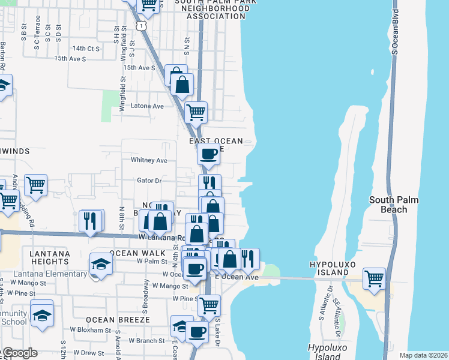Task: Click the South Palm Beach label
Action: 394,205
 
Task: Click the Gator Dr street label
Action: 149,180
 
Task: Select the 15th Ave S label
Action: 70,59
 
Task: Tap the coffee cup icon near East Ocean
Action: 208,154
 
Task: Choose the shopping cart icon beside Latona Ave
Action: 196,111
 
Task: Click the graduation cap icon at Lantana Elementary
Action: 101,264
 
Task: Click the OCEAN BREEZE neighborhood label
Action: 117,320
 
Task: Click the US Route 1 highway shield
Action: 140,25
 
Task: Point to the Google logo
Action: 21,353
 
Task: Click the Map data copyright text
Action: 423,355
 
